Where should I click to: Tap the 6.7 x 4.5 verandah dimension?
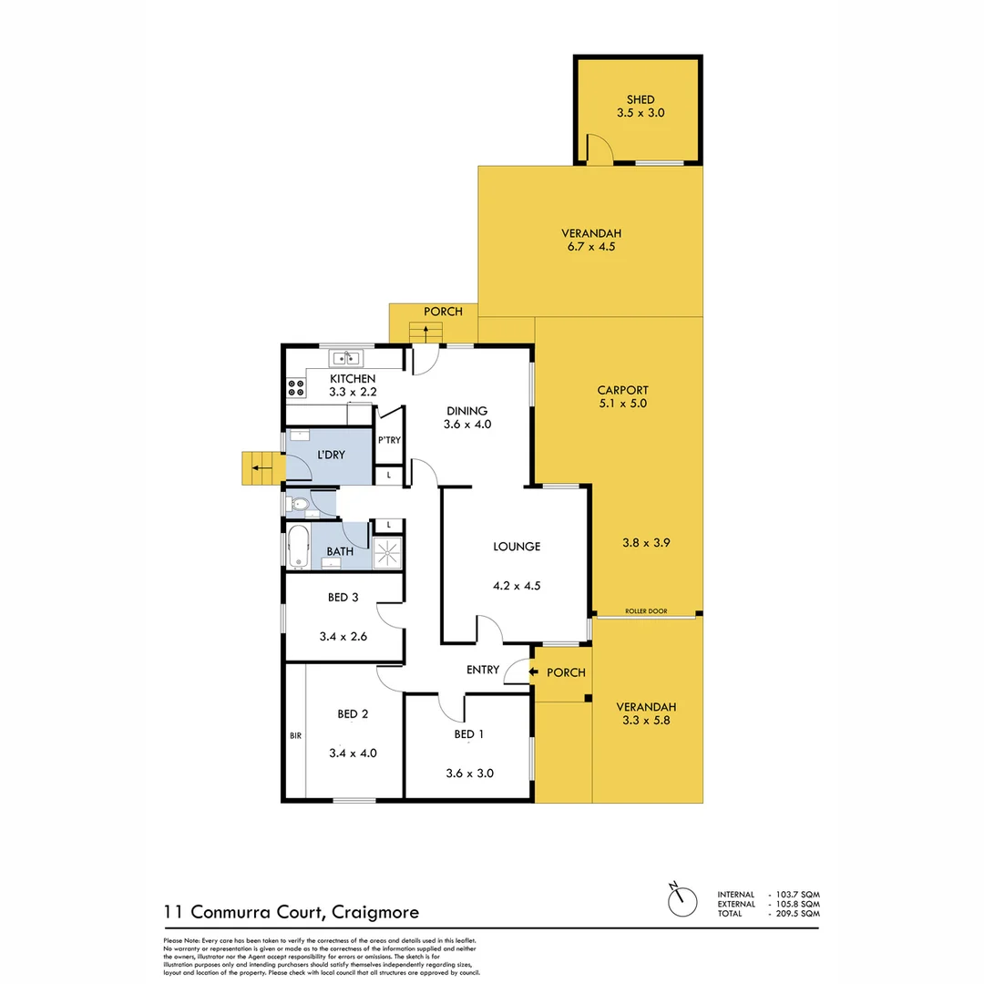pyautogui.click(x=590, y=246)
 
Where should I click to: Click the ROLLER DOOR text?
pyautogui.click(x=646, y=611)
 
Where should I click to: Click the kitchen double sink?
pyautogui.click(x=347, y=358)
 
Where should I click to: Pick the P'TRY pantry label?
pyautogui.click(x=389, y=442)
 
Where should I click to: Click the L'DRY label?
pyautogui.click(x=331, y=454)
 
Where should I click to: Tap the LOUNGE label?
pyautogui.click(x=517, y=547)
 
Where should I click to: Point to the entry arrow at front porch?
pyautogui.click(x=521, y=672)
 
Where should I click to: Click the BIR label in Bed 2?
pyautogui.click(x=295, y=735)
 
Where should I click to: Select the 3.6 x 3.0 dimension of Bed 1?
pyautogui.click(x=469, y=774)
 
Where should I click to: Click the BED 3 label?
pyautogui.click(x=343, y=599)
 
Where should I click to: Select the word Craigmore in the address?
pyautogui.click(x=375, y=911)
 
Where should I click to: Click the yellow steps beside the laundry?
pyautogui.click(x=257, y=468)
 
